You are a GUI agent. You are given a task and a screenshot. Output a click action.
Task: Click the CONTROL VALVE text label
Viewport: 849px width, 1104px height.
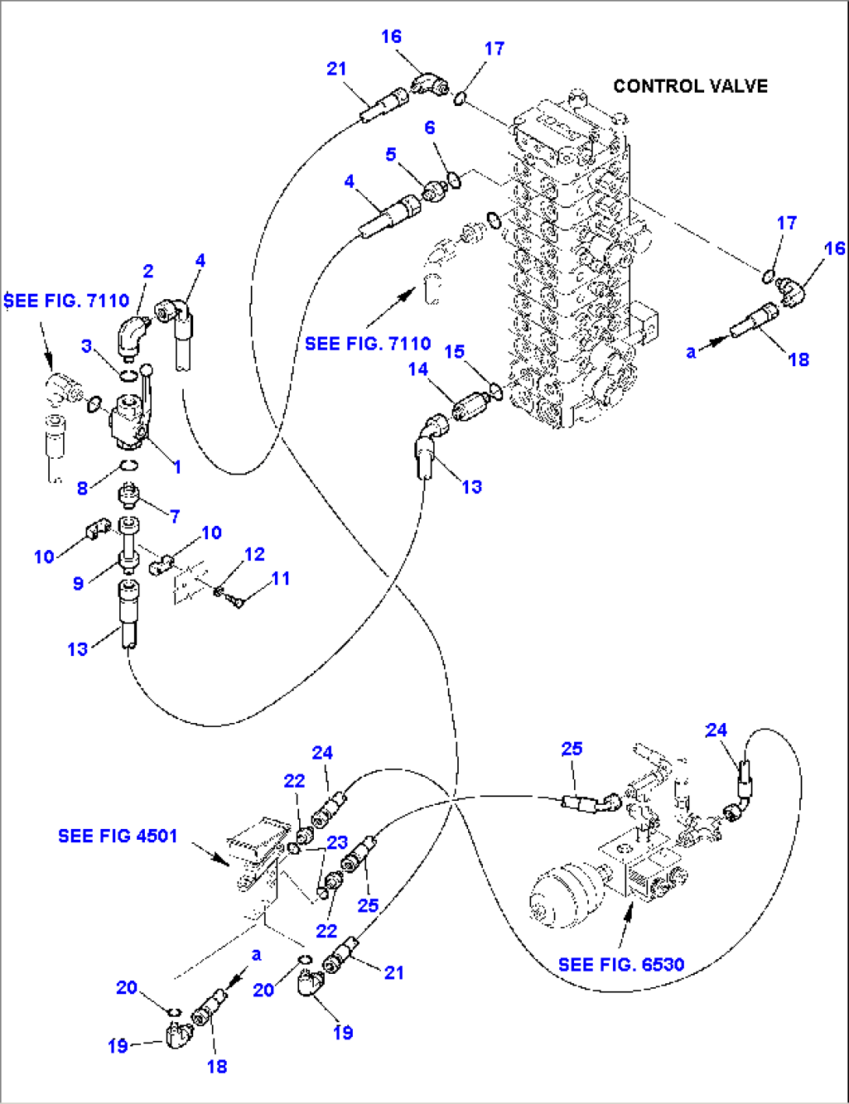tap(690, 86)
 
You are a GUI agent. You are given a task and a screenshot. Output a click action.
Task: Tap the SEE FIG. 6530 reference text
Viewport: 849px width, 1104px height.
tap(621, 965)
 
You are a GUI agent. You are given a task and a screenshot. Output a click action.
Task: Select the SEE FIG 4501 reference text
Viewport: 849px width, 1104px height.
tap(118, 836)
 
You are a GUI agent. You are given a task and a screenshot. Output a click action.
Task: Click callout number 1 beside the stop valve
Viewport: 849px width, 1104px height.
tap(177, 467)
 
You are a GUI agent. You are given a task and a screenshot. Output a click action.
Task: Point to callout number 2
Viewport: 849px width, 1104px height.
tap(148, 271)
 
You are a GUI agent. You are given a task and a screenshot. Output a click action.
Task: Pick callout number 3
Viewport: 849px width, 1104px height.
tap(86, 346)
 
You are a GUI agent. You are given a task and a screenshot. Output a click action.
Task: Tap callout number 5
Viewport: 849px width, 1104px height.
tap(391, 154)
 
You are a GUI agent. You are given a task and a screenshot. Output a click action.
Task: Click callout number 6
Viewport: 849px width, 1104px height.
tap(429, 128)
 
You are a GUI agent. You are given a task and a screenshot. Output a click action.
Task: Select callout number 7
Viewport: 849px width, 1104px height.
tap(175, 516)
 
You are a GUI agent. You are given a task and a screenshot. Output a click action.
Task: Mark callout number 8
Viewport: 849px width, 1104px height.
tap(83, 489)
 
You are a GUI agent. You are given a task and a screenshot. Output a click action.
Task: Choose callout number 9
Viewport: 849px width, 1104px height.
tap(78, 583)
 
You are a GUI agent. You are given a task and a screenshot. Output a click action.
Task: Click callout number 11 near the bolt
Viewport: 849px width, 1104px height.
tap(280, 578)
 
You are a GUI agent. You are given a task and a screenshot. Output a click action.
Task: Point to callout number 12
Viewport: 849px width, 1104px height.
tap(255, 554)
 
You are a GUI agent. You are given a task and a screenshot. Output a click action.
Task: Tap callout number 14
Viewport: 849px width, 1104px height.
tap(418, 369)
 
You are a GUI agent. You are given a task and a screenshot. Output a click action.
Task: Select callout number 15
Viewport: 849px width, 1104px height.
tap(454, 351)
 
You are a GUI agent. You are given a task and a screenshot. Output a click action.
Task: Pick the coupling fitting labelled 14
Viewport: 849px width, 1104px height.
tap(469, 406)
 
